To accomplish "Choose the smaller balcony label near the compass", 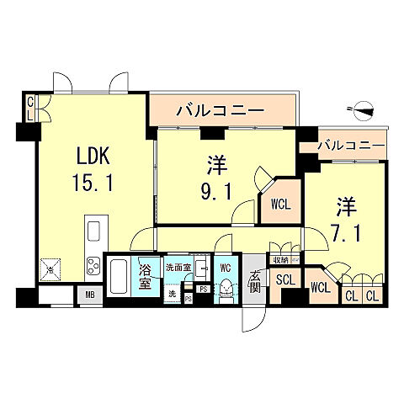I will coord(352,146).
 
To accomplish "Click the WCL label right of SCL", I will coord(320,287).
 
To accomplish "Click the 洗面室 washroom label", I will coord(178,267).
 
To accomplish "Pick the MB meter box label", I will coord(90,295).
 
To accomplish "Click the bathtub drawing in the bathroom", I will coord(119,275).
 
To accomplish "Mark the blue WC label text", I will coord(226,267).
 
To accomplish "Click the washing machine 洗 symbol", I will coord(173,294).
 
